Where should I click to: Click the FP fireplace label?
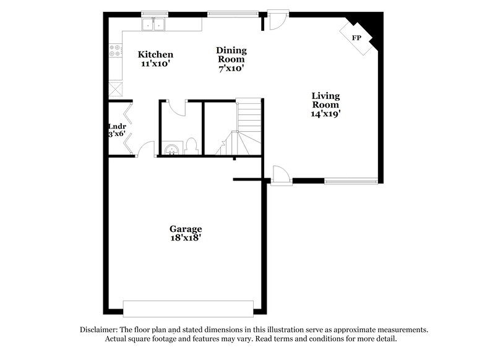(x=356, y=38)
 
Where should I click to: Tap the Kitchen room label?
(x=155, y=54)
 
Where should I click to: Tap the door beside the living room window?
(x=280, y=173)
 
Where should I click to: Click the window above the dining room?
(x=233, y=13)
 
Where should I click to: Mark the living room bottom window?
(x=351, y=181)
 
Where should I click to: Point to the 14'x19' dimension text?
(x=326, y=114)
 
